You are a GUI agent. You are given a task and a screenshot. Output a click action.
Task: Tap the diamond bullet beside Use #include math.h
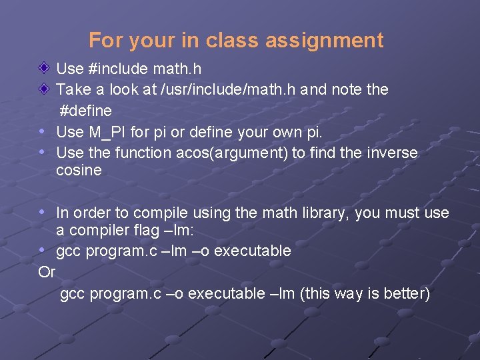click(x=43, y=68)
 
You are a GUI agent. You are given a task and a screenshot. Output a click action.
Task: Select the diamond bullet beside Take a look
click(x=43, y=88)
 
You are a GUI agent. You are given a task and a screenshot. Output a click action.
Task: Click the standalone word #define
click(x=86, y=110)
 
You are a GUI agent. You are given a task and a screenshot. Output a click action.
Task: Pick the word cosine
click(x=79, y=170)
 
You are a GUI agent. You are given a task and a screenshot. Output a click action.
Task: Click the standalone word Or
click(x=47, y=272)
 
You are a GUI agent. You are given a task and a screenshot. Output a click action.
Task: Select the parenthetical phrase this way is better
click(x=365, y=294)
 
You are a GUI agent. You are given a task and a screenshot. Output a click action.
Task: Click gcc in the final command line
click(x=73, y=294)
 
